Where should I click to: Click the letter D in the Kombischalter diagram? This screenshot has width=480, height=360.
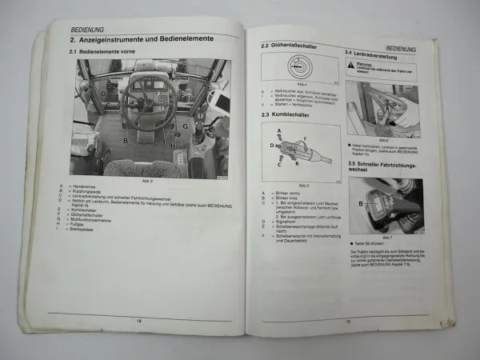click(x=273, y=146)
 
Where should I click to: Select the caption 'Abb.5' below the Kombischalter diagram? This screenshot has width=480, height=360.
click(x=302, y=185)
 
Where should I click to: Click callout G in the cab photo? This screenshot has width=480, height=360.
click(x=185, y=126)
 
